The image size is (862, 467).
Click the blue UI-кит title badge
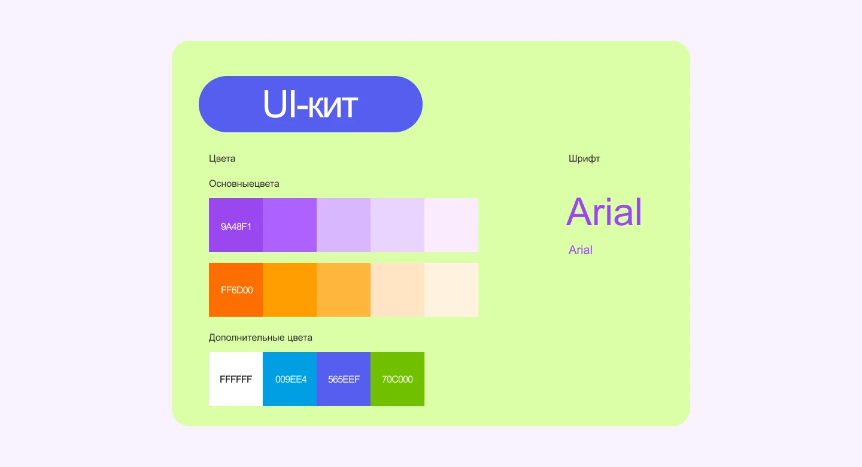click(x=311, y=104)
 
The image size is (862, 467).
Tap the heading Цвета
click(x=222, y=159)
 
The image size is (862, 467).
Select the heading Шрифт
click(x=584, y=159)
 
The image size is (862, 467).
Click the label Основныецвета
click(x=244, y=184)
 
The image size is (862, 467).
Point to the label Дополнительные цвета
click(x=260, y=338)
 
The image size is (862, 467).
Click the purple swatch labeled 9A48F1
click(x=236, y=225)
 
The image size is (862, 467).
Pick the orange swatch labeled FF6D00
click(x=236, y=290)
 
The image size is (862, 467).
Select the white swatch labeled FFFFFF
click(x=236, y=379)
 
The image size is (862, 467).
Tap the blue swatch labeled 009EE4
click(x=290, y=379)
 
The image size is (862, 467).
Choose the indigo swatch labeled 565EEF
click(x=344, y=379)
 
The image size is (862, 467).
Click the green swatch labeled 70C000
click(x=397, y=379)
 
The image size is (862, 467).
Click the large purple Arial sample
click(x=604, y=211)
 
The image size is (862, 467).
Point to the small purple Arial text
click(x=580, y=250)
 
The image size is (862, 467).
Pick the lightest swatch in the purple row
click(x=451, y=225)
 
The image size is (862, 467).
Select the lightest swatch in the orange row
click(x=451, y=290)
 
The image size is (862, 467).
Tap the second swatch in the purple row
click(x=290, y=225)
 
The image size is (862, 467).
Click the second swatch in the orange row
click(x=290, y=290)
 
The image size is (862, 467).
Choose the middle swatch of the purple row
click(x=344, y=225)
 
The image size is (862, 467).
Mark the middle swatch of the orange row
click(x=344, y=290)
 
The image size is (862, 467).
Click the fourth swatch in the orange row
click(x=397, y=290)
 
